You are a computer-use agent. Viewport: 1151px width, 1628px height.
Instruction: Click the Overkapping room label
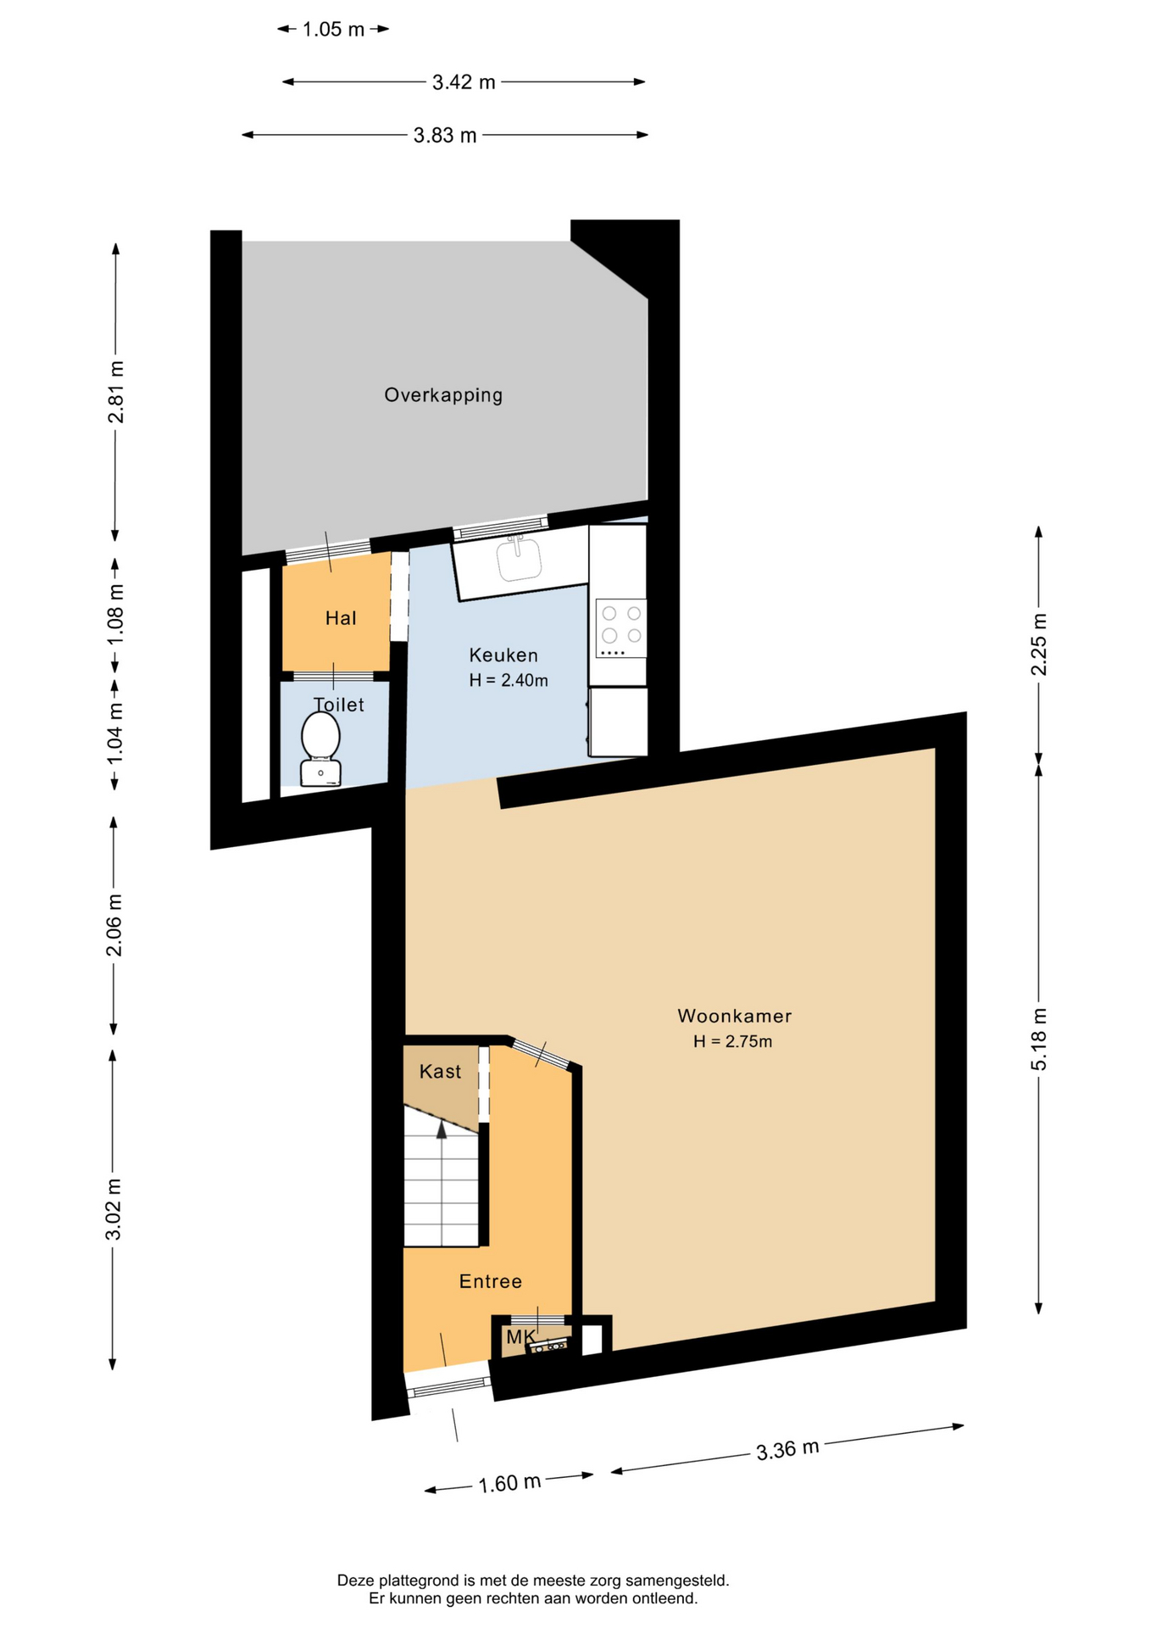[x=443, y=395]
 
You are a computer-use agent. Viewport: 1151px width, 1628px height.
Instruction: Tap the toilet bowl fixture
[x=320, y=749]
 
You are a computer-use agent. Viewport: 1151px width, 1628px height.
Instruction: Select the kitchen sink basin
[x=519, y=558]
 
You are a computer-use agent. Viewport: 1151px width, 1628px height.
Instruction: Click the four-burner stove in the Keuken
[x=621, y=628]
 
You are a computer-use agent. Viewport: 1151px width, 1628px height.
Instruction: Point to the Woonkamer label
[x=734, y=1016]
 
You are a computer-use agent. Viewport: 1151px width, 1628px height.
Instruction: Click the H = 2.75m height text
[x=732, y=1041]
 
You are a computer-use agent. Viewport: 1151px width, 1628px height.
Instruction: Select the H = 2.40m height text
[x=509, y=680]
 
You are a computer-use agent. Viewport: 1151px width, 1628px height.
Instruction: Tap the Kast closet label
[x=440, y=1072]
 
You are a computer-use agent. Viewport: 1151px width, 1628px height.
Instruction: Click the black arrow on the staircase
[x=442, y=1129]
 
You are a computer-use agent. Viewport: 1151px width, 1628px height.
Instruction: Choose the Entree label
[x=490, y=1281]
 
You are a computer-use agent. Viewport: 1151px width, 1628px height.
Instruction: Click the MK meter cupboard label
[x=520, y=1337]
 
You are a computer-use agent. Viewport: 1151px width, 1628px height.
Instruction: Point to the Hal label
[x=341, y=618]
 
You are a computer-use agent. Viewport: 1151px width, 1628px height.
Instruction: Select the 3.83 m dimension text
[x=445, y=136]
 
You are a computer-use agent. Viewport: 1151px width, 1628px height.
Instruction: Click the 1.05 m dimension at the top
[x=333, y=30]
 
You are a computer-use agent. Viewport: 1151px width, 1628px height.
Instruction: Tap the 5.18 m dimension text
[x=1039, y=1040]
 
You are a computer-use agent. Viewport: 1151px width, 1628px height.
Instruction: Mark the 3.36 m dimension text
[x=787, y=1449]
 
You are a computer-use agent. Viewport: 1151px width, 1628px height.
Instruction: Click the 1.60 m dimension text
[x=509, y=1483]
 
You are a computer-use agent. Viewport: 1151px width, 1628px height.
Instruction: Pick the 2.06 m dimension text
[x=114, y=925]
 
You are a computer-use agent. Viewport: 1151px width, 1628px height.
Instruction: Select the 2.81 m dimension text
[x=116, y=392]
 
